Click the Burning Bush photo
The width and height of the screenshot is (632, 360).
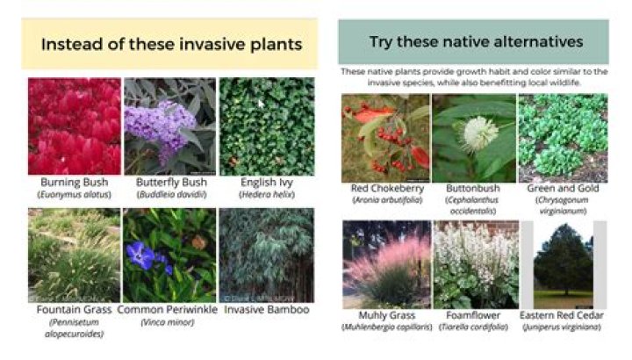74,126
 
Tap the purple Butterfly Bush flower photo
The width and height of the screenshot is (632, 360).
169,126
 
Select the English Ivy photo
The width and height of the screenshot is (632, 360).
264,126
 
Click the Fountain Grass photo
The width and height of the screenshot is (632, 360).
74,255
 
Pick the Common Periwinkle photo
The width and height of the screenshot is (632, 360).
169,255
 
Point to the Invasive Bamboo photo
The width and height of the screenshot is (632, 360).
264,255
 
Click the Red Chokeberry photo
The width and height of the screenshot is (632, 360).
385,136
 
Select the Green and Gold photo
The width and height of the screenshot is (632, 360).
563,136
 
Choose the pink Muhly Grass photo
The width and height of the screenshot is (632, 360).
385,263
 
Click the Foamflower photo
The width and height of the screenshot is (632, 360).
475,263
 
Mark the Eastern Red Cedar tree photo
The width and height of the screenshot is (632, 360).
563,263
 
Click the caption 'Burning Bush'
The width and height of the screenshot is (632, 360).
74,182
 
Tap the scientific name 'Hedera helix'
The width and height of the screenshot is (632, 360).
264,194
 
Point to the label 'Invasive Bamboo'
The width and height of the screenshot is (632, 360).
264,310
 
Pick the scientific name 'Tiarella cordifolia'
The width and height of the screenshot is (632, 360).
475,328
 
